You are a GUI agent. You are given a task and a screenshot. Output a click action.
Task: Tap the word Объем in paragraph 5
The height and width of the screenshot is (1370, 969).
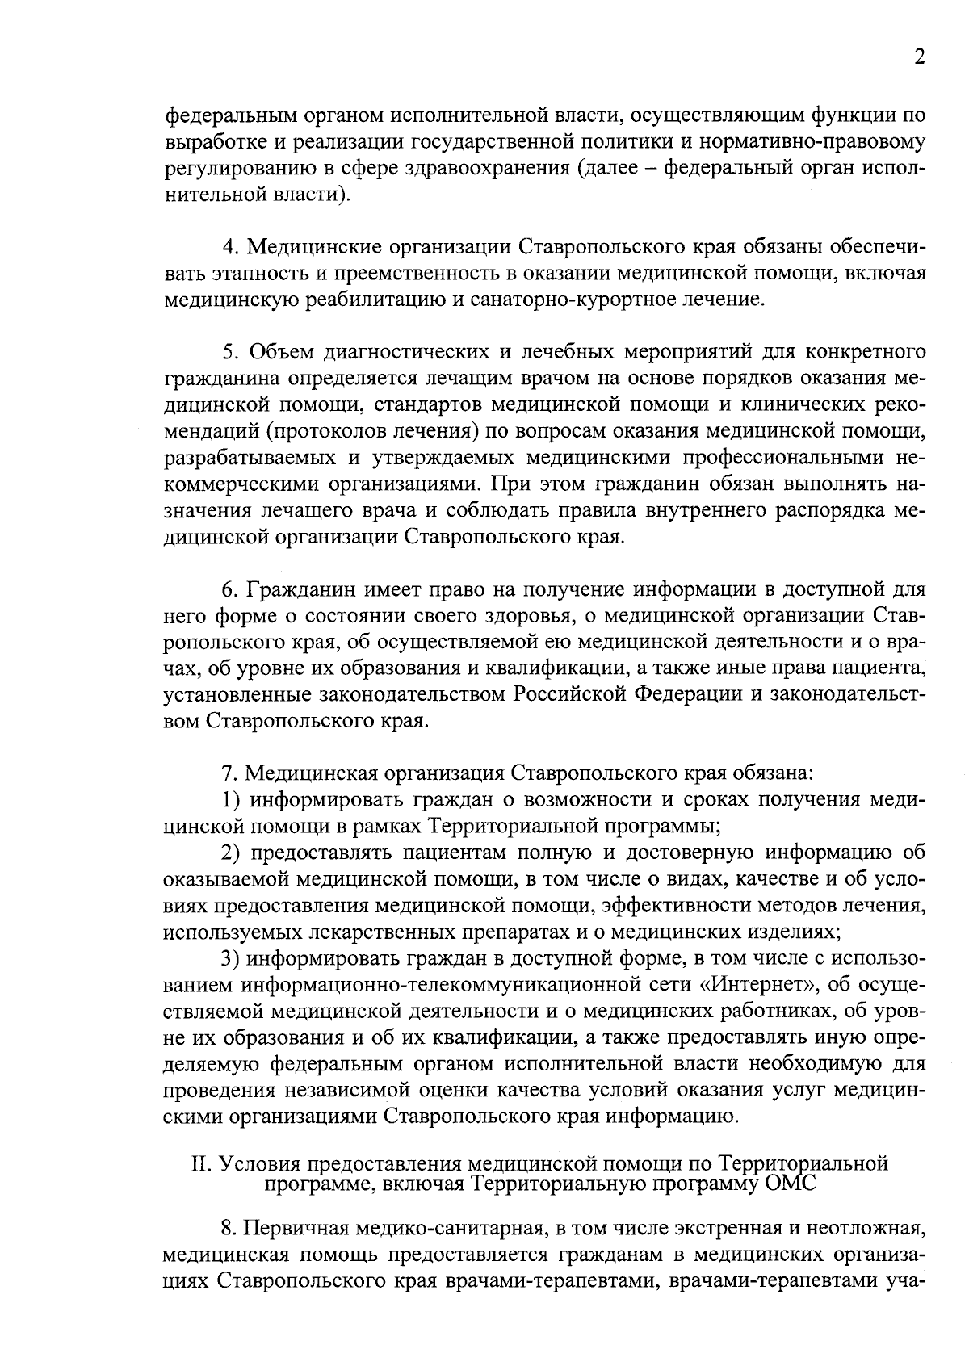click(279, 352)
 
